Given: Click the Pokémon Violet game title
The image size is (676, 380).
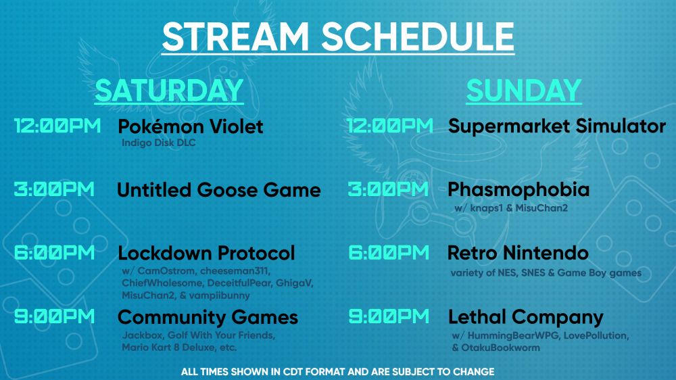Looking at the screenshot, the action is [x=191, y=126].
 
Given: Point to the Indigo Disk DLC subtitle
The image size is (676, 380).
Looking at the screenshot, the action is [x=159, y=143].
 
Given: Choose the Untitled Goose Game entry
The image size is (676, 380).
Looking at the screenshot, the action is [x=219, y=190].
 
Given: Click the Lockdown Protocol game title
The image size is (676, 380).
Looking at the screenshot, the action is [x=206, y=253].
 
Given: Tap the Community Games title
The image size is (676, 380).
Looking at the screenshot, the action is [x=208, y=318].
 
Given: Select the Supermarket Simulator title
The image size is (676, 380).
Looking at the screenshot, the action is [x=557, y=126].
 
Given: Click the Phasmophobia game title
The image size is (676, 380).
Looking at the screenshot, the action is [x=518, y=190].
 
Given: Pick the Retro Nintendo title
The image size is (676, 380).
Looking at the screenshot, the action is [x=518, y=253].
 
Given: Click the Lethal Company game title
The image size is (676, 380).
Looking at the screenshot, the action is [x=526, y=318].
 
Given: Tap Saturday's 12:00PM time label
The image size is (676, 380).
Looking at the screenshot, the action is [x=57, y=126].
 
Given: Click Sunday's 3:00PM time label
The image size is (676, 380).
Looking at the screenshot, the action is [x=389, y=189].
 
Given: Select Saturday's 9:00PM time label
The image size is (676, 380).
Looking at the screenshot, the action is [x=54, y=316].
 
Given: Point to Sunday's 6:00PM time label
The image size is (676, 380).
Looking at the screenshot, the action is [x=389, y=253].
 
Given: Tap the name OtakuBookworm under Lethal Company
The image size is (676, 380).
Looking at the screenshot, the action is [x=500, y=348].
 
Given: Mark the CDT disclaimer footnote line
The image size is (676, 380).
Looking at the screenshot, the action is [x=337, y=372].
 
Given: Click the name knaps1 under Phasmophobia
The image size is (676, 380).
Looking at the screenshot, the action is [x=486, y=208].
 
